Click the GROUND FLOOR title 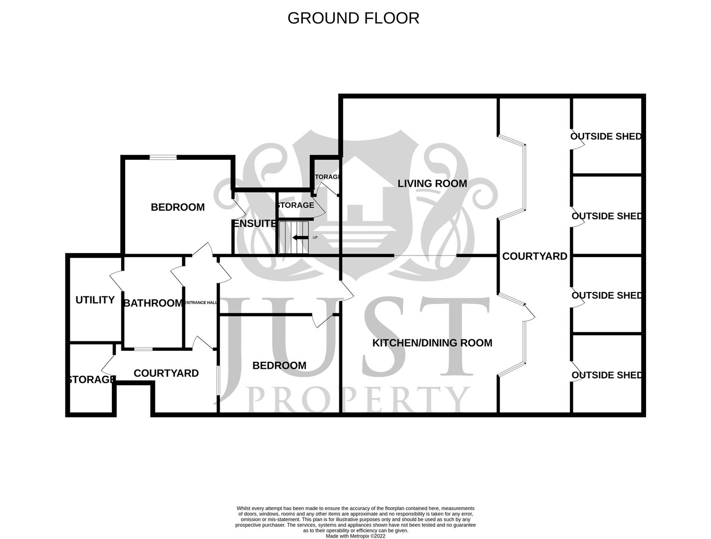click(x=353, y=18)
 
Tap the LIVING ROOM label click(x=432, y=184)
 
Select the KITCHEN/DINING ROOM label click(x=432, y=343)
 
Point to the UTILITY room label click(x=95, y=300)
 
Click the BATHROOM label click(x=153, y=303)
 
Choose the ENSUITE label click(x=254, y=224)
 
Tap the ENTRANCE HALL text click(x=201, y=303)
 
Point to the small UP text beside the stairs click(x=315, y=238)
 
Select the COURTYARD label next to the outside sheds click(x=534, y=256)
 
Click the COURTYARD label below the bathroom click(x=166, y=373)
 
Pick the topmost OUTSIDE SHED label click(x=606, y=136)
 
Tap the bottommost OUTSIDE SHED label click(x=606, y=375)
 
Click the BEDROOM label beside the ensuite click(x=178, y=207)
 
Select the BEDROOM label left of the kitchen click(x=279, y=366)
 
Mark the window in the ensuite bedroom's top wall click(x=164, y=158)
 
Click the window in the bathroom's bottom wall click(x=143, y=349)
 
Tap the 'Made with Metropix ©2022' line click(x=355, y=536)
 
